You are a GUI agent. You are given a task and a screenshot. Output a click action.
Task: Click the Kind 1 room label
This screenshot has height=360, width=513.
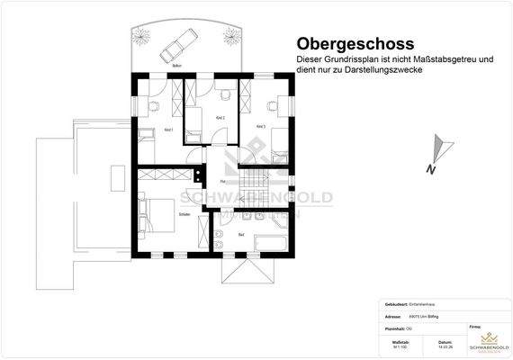pos(166,130)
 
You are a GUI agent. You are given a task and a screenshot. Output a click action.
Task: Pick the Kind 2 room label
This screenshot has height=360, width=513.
pos(220,118)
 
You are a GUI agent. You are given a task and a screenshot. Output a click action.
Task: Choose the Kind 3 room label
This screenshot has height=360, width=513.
pos(260,126)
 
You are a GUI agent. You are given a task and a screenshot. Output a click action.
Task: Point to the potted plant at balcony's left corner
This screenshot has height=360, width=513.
pos(143,33)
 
